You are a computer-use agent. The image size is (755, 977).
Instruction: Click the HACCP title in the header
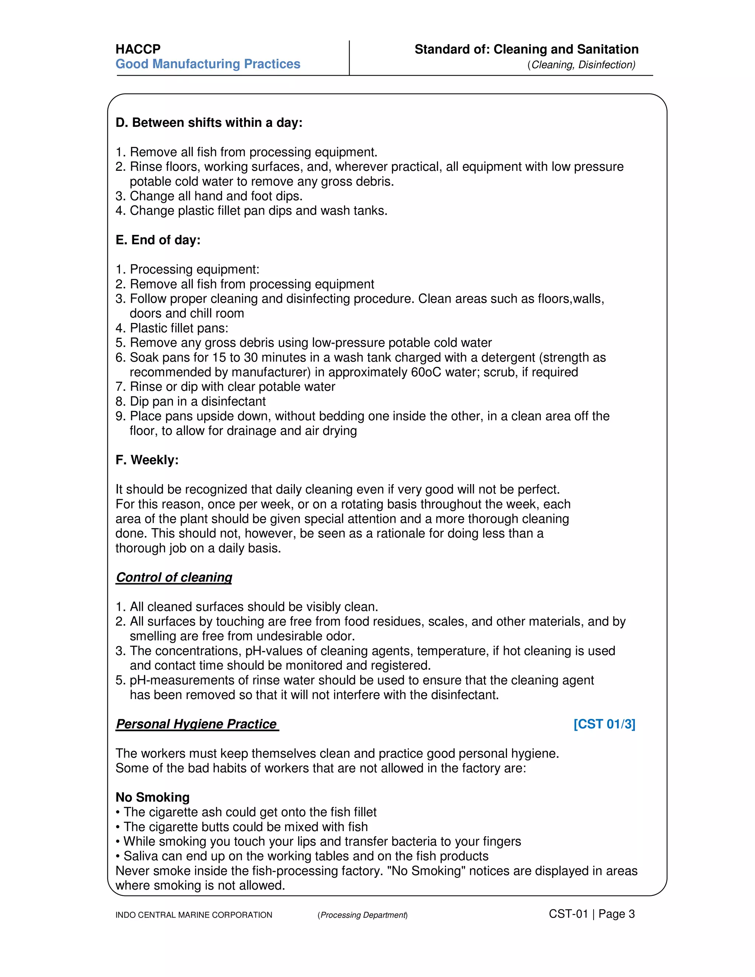click(x=138, y=49)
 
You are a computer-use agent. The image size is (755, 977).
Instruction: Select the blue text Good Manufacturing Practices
click(x=208, y=64)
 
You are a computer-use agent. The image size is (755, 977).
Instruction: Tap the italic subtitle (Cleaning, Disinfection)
click(x=581, y=65)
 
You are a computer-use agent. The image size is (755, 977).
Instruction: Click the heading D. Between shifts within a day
click(x=209, y=122)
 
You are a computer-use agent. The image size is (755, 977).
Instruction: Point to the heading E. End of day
click(x=158, y=240)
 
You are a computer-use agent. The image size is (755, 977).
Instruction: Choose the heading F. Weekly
click(x=147, y=460)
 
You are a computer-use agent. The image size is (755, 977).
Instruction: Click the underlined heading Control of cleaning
click(x=174, y=577)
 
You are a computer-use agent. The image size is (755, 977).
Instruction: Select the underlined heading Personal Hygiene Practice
click(x=197, y=724)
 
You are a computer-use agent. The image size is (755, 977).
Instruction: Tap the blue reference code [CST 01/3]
click(x=604, y=724)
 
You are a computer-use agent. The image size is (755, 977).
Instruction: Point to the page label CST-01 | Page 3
click(x=591, y=914)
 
